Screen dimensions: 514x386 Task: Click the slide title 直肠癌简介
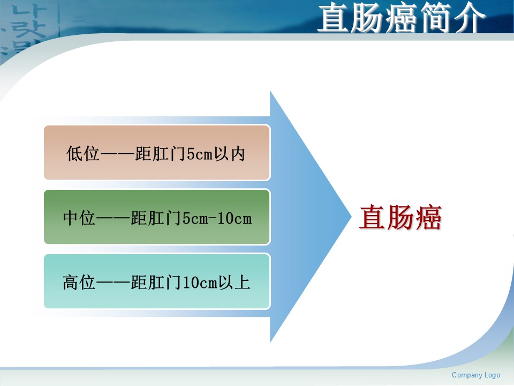pyautogui.click(x=401, y=18)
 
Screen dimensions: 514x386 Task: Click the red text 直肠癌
pyautogui.click(x=400, y=217)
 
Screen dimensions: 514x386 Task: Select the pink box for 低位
pyautogui.click(x=157, y=153)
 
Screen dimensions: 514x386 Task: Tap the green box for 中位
pyautogui.click(x=157, y=217)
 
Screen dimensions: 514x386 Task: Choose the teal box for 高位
pyautogui.click(x=157, y=281)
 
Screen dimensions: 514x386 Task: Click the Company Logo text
pyautogui.click(x=475, y=375)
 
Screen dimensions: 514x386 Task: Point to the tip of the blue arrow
pyautogui.click(x=351, y=217)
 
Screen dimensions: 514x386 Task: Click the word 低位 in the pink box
pyautogui.click(x=82, y=153)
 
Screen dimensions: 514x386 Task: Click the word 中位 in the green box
pyautogui.click(x=79, y=218)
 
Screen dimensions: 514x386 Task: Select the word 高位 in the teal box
pyautogui.click(x=79, y=283)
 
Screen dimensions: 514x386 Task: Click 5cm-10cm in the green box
pyautogui.click(x=217, y=218)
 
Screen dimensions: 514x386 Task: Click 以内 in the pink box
pyautogui.click(x=230, y=153)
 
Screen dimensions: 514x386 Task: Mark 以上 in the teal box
pyautogui.click(x=235, y=283)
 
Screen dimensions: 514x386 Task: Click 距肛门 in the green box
pyautogui.click(x=156, y=218)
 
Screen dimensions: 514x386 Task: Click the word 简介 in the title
pyautogui.click(x=452, y=18)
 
